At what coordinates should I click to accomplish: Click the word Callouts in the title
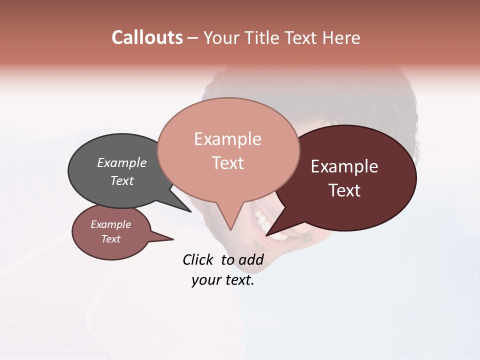(147, 37)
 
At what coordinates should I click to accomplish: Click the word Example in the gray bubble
(122, 162)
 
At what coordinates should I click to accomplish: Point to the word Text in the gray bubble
(122, 180)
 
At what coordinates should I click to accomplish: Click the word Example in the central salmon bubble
(228, 139)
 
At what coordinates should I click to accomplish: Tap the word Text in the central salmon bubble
(228, 163)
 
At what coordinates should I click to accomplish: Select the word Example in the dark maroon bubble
(344, 166)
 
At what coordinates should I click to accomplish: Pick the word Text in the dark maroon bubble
(344, 190)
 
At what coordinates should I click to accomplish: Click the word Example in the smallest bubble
(111, 224)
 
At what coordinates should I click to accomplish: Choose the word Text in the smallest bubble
(111, 239)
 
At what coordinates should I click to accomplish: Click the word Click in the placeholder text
(197, 259)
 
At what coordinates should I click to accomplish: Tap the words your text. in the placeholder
(223, 280)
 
